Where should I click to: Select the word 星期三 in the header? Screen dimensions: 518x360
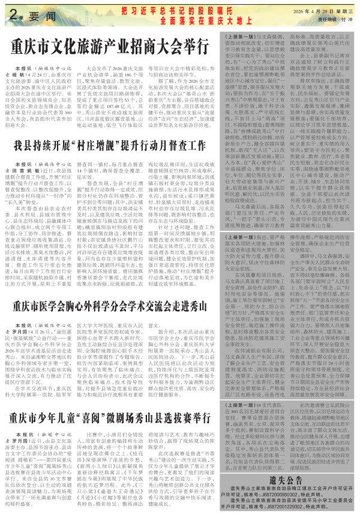(346, 9)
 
